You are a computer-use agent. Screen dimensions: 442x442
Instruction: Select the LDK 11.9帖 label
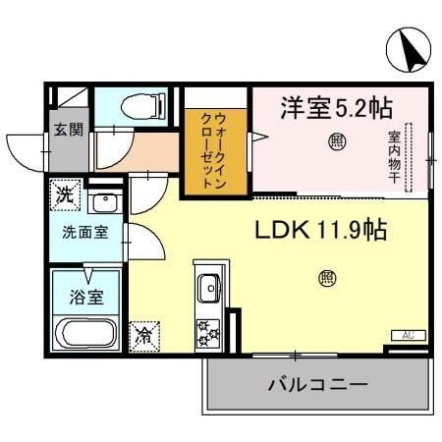click(x=320, y=232)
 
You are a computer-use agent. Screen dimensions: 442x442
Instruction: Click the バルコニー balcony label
click(x=318, y=384)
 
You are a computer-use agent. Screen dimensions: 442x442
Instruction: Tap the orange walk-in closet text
click(x=212, y=153)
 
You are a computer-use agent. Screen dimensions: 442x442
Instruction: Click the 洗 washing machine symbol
click(x=65, y=194)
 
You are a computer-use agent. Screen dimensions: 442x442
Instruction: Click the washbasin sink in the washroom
click(x=102, y=205)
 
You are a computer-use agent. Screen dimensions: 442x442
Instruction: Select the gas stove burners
click(x=208, y=332)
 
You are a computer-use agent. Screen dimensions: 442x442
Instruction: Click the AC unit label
click(x=408, y=336)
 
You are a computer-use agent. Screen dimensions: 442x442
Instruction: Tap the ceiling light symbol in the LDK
click(x=325, y=278)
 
